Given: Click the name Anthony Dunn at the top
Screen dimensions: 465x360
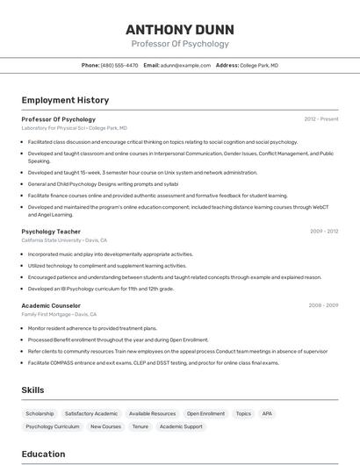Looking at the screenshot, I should point(180,29).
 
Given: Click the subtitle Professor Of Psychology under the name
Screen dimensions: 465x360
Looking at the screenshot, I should point(180,44).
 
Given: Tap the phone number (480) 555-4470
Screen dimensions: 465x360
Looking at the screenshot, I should point(119,65).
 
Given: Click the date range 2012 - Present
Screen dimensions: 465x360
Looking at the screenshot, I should point(321,118).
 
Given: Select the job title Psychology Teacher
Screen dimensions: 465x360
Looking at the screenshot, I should point(51,232).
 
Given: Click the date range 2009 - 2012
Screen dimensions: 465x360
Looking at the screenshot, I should point(324,232).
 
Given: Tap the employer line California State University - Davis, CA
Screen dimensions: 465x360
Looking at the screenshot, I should point(64,240).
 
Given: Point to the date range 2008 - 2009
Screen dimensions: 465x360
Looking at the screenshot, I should point(324,305).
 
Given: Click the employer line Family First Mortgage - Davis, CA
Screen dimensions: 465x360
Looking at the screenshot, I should point(59,313).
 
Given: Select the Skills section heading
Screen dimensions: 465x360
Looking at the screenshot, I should point(33,389).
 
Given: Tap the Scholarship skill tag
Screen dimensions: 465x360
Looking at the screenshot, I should point(40,413).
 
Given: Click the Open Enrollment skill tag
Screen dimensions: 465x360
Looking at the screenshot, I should point(205,413).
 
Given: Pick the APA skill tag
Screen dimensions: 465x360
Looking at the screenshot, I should point(267,413).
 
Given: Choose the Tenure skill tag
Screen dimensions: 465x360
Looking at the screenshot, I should point(140,426).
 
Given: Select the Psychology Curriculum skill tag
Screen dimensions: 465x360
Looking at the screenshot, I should point(53,426).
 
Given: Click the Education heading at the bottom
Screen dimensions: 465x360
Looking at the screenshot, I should point(44,454).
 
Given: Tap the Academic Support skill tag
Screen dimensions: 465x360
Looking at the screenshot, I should point(181,426).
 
